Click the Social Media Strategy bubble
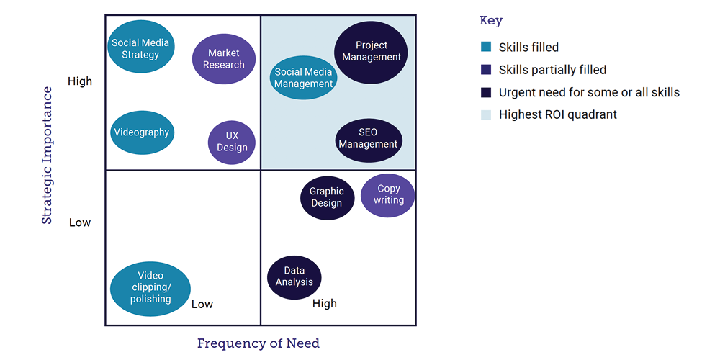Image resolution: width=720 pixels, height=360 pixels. (x=140, y=48)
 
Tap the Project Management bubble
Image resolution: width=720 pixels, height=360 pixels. (x=372, y=52)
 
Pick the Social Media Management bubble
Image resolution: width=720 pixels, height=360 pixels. (x=304, y=78)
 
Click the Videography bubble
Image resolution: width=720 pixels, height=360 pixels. (x=143, y=132)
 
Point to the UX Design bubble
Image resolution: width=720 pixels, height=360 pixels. (x=232, y=142)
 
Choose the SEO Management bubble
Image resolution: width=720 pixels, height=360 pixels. (x=369, y=139)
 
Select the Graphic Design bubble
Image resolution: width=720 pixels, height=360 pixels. (x=327, y=197)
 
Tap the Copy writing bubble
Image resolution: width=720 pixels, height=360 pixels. (x=388, y=194)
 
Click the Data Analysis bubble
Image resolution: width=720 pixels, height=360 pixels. (x=294, y=277)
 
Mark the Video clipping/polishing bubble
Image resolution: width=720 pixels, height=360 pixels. (x=150, y=288)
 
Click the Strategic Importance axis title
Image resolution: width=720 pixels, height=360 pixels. (x=47, y=156)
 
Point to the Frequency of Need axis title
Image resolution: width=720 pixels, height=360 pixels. (x=258, y=343)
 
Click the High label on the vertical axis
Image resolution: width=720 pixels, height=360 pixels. (x=80, y=81)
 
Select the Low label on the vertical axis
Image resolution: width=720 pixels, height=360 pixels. (x=80, y=222)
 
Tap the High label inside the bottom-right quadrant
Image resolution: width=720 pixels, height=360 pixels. (x=325, y=304)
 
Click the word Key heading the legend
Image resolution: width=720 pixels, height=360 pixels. (x=491, y=21)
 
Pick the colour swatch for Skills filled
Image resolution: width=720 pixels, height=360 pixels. (x=486, y=48)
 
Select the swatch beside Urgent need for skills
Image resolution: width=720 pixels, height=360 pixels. (x=486, y=92)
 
